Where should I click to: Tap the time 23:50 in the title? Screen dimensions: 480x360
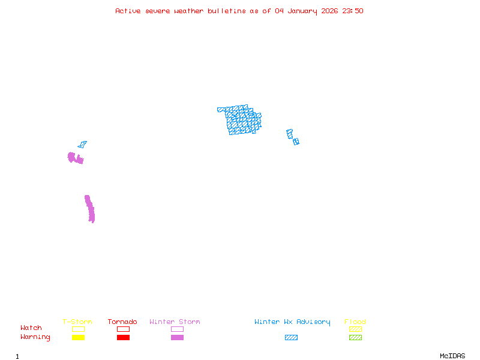[352, 11]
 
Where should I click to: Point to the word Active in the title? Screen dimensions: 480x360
[128, 11]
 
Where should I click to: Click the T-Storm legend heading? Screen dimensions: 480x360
[77, 322]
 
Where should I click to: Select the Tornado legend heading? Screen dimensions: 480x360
[122, 322]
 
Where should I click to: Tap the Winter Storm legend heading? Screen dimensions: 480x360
[175, 322]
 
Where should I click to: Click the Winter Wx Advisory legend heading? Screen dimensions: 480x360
[292, 322]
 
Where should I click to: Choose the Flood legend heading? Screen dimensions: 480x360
[355, 322]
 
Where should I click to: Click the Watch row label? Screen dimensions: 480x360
[31, 328]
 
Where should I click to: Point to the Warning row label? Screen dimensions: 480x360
[35, 337]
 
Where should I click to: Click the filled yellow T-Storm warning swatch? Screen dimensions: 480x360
[78, 338]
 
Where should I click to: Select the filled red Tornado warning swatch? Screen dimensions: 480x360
[123, 338]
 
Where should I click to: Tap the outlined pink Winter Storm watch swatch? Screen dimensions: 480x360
[177, 329]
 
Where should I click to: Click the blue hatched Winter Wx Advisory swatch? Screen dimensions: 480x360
[291, 338]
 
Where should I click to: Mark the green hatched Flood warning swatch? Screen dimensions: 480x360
[355, 338]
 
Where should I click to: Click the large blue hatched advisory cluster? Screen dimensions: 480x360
[242, 120]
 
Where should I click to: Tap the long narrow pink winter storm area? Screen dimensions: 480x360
[90, 209]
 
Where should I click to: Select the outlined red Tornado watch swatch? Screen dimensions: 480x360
[123, 329]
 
